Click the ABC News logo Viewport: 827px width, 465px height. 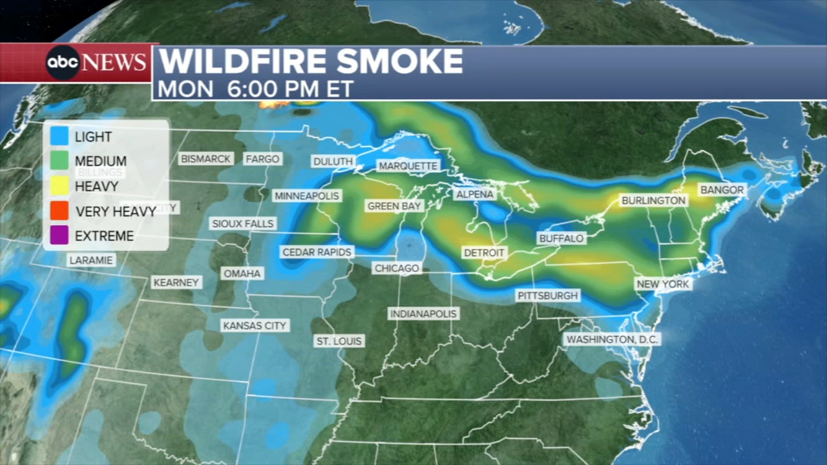point(96,63)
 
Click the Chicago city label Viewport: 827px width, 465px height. point(397,267)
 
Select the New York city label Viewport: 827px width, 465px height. point(664,284)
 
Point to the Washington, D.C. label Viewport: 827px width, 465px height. point(612,339)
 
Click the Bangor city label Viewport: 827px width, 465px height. point(722,190)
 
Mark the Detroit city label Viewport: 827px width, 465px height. point(485,253)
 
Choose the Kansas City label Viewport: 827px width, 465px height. point(255,325)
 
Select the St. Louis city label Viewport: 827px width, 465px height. point(339,340)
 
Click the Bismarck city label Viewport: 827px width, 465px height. point(205,158)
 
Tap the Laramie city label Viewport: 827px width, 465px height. point(91,260)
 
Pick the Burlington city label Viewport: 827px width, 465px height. point(653,201)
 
